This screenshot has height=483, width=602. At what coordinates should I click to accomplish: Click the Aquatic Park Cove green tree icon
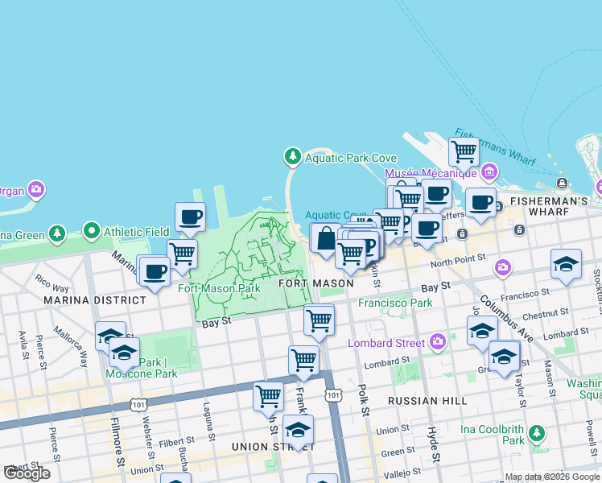(x=292, y=156)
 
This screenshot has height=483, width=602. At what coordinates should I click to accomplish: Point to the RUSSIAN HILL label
(x=415, y=400)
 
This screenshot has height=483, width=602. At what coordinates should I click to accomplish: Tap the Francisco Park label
(x=395, y=303)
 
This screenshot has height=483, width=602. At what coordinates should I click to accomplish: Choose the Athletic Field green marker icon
(x=92, y=232)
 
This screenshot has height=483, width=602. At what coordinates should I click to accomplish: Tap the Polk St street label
(x=365, y=401)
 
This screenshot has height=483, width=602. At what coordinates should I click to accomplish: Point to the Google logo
(x=27, y=473)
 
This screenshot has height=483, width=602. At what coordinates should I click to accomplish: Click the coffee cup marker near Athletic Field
(x=190, y=217)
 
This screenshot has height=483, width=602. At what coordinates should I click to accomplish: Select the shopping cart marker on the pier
(x=463, y=151)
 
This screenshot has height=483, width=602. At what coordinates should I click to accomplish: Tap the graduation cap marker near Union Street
(x=298, y=429)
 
